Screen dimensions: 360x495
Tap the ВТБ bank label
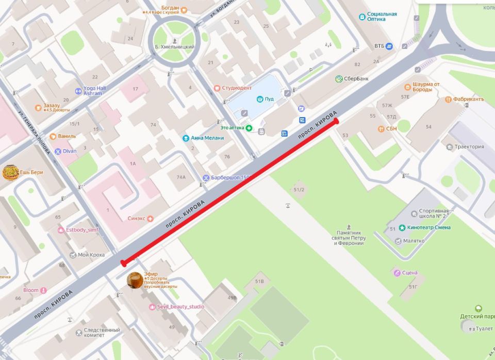(x=380, y=46)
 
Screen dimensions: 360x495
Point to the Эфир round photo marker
(x=135, y=280)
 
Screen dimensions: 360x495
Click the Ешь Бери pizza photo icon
(x=10, y=173)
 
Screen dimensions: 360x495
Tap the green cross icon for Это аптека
(x=249, y=128)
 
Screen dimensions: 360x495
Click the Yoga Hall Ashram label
(x=94, y=91)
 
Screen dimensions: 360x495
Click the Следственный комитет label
(x=102, y=333)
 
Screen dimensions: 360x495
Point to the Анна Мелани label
(x=207, y=138)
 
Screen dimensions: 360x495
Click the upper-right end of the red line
(x=336, y=121)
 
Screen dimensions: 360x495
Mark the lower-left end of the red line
(x=123, y=263)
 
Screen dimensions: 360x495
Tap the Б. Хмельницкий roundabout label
(x=175, y=47)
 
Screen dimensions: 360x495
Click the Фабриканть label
(x=468, y=99)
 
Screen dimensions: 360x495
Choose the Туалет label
(x=484, y=328)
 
